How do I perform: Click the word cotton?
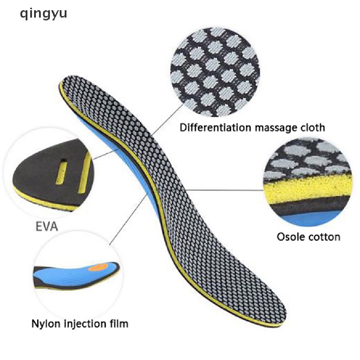324,236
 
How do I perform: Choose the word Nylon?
45,323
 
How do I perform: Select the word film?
117,323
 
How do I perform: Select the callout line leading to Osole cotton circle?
225,190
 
